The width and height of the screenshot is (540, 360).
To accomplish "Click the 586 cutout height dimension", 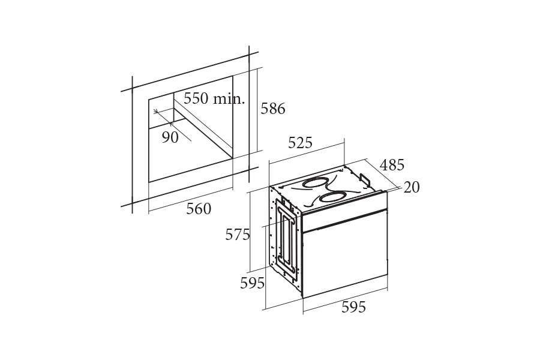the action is coord(273,109).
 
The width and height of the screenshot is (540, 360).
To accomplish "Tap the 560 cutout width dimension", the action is coord(199,209).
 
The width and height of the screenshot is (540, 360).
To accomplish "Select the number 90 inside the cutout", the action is coord(170,137).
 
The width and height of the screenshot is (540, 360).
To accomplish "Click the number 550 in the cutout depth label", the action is coord(196,98).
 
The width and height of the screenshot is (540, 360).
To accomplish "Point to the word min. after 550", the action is coord(229,99).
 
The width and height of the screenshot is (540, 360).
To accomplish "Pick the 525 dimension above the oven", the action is coord(300,143).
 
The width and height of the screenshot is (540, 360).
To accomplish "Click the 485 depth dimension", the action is coord(392,165).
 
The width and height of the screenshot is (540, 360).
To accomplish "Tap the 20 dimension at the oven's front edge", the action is coord(411,187).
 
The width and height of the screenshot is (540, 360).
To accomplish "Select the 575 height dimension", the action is coord(237,235).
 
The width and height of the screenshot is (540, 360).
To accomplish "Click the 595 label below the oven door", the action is coord(353,307).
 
